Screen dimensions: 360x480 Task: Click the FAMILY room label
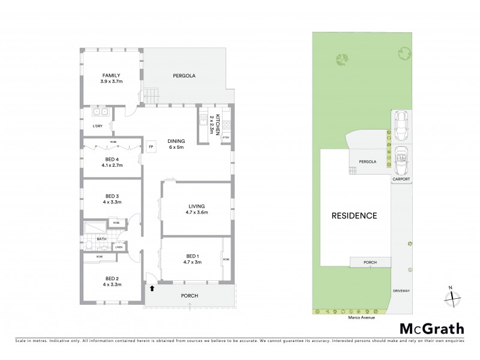click(x=111, y=75)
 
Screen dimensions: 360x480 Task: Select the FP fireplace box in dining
click(x=151, y=146)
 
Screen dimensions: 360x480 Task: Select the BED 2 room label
click(x=112, y=281)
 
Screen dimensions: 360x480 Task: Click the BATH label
click(x=92, y=239)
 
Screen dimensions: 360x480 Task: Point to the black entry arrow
click(x=152, y=288)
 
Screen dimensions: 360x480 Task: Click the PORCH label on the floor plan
click(x=189, y=296)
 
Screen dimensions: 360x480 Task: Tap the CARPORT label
click(x=401, y=178)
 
